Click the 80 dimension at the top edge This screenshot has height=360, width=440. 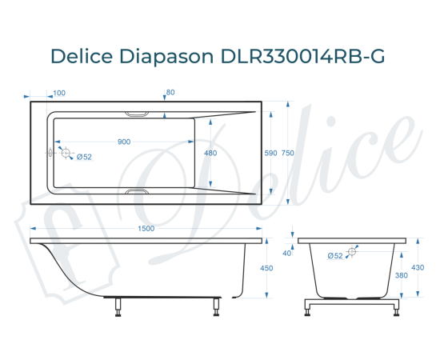(170, 93)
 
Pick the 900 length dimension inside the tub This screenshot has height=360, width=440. (124, 142)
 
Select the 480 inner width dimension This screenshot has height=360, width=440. (210, 153)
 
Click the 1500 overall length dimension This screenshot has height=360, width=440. (146, 230)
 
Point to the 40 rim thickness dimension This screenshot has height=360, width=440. (287, 254)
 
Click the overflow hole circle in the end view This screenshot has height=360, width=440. (352, 252)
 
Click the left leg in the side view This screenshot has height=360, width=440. (119, 306)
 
